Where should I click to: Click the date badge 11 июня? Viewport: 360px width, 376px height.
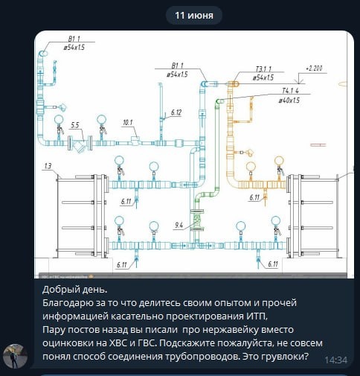[194, 16]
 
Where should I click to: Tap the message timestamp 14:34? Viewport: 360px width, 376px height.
[336, 360]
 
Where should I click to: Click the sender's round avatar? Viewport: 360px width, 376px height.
[15, 356]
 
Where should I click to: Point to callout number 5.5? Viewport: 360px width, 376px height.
[74, 125]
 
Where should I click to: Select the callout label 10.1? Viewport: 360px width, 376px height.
[128, 123]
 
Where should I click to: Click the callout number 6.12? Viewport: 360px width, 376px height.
[176, 112]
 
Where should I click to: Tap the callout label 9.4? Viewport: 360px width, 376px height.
[179, 226]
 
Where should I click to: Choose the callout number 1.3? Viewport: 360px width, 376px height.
[48, 166]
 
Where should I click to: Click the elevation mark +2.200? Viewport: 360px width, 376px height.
[314, 68]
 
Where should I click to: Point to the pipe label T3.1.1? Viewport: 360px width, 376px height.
[263, 69]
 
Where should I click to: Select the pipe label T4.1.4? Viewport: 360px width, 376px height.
[290, 91]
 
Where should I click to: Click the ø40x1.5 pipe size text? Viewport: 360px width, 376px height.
[289, 101]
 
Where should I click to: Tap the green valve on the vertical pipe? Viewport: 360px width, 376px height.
[196, 220]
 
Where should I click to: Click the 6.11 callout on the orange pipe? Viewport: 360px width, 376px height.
[254, 197]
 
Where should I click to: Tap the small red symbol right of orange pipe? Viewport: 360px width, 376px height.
[318, 144]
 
